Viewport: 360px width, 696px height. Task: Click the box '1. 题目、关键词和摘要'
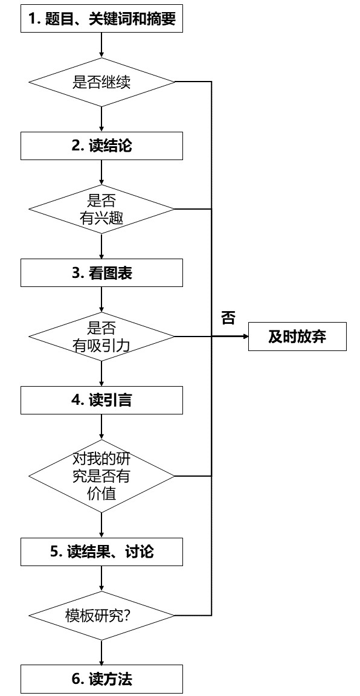coord(101,19)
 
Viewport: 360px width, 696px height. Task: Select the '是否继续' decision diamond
coord(101,82)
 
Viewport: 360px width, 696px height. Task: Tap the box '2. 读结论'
coord(101,146)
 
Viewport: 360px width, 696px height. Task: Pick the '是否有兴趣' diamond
coord(101,210)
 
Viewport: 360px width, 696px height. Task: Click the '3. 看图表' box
coord(101,273)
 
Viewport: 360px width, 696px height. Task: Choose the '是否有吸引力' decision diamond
coord(101,337)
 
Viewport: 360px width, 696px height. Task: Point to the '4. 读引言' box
coord(101,400)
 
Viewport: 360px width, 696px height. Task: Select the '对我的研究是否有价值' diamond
coord(101,473)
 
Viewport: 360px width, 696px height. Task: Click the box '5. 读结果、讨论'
coord(101,552)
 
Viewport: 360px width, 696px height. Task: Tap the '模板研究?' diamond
coord(101,616)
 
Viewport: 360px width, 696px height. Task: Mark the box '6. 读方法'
coord(101,679)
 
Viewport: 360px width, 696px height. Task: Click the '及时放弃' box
coord(297,337)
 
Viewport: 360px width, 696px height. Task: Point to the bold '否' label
coord(228,318)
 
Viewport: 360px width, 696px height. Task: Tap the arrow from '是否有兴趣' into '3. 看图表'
coord(101,246)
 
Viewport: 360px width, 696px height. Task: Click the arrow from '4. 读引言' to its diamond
coord(101,426)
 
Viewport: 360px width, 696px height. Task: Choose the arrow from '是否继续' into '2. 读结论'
coord(101,119)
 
